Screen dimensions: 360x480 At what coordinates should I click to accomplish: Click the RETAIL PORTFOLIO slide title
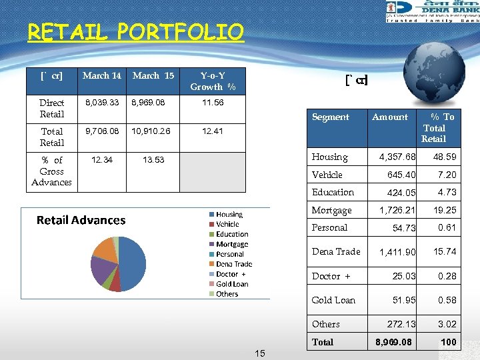[x=136, y=31]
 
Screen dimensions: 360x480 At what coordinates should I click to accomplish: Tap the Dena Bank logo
[x=432, y=11]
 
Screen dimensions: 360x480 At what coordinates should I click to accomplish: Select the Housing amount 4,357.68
[x=397, y=157]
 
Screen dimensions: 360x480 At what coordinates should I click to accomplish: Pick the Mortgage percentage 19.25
[x=445, y=210]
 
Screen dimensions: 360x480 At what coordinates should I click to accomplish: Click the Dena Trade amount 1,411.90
[x=397, y=252]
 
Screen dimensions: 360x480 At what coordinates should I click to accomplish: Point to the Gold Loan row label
[x=333, y=300]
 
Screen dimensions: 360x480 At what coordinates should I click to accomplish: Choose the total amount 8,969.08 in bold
[x=393, y=342]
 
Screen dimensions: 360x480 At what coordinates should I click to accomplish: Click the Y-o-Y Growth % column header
[x=213, y=81]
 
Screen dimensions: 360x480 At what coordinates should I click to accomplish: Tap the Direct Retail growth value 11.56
[x=213, y=103]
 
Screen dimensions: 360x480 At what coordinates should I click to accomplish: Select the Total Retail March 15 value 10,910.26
[x=151, y=131]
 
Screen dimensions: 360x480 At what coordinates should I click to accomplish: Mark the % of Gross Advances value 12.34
[x=102, y=160]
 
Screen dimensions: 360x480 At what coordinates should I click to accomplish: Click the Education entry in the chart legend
[x=231, y=235]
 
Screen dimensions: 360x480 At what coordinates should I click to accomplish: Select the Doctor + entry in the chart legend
[x=231, y=274]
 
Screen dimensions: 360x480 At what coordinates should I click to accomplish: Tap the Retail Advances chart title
[x=81, y=220]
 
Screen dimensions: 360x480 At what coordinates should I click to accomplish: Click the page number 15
[x=259, y=353]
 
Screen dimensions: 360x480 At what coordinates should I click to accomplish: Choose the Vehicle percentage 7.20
[x=447, y=175]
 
